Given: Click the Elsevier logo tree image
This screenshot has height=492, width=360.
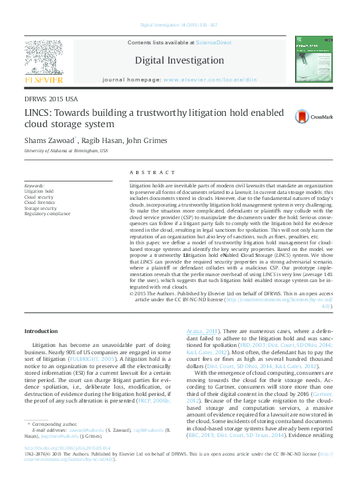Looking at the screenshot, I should pyautogui.click(x=44, y=58).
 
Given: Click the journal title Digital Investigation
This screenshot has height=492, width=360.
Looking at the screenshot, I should pyautogui.click(x=179, y=60).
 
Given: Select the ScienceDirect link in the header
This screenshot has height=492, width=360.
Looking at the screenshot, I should pyautogui.click(x=213, y=42).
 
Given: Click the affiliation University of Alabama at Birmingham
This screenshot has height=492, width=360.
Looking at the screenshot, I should pyautogui.click(x=66, y=150).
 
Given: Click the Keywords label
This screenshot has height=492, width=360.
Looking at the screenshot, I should pyautogui.click(x=34, y=186).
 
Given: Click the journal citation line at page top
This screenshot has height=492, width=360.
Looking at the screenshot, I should pyautogui.click(x=179, y=25).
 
